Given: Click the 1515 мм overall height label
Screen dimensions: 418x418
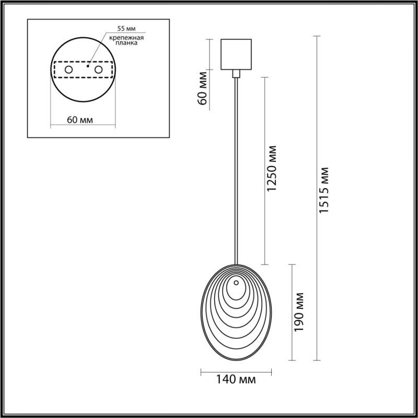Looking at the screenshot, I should [x=324, y=190].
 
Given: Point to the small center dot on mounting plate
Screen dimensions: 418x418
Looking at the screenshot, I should [x=88, y=67].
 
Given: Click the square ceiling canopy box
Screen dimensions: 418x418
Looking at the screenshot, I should [x=236, y=54].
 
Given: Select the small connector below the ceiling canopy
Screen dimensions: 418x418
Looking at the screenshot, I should [x=236, y=74].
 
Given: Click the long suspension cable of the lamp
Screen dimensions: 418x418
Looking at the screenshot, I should [x=236, y=167].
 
